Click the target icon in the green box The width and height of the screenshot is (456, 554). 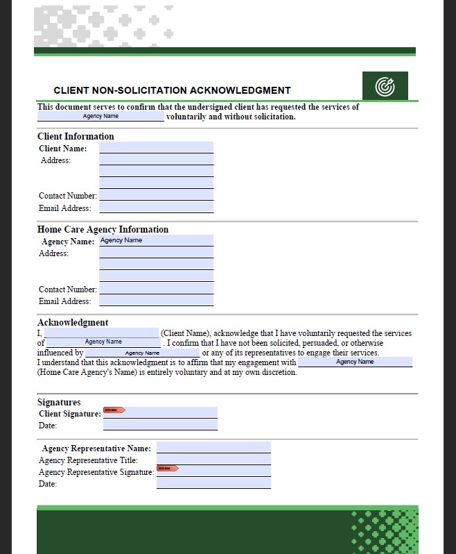pyautogui.click(x=385, y=86)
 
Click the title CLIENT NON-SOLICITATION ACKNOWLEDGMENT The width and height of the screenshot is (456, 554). pyautogui.click(x=172, y=90)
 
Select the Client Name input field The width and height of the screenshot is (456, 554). pyautogui.click(x=156, y=147)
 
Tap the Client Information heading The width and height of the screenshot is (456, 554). pyautogui.click(x=76, y=136)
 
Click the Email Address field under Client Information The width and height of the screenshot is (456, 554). pyautogui.click(x=156, y=207)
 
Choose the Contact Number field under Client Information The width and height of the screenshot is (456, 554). pyautogui.click(x=156, y=195)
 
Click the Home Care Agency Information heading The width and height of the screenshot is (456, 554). pyautogui.click(x=103, y=229)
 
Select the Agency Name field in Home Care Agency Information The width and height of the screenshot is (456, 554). pyautogui.click(x=156, y=240)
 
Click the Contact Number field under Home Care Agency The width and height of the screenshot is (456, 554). pyautogui.click(x=156, y=288)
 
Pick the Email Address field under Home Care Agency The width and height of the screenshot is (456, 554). pyautogui.click(x=156, y=300)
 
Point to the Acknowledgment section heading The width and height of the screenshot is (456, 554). pyautogui.click(x=73, y=322)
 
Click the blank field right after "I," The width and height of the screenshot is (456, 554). pyautogui.click(x=100, y=333)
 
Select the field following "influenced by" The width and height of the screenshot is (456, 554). pyautogui.click(x=142, y=353)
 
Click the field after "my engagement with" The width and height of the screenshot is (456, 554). pyautogui.click(x=355, y=362)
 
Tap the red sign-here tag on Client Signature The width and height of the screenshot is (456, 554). pyautogui.click(x=114, y=410)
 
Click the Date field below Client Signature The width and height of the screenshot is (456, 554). pyautogui.click(x=160, y=424)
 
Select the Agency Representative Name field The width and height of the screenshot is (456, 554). pyautogui.click(x=213, y=448)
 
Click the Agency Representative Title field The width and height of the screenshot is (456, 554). pyautogui.click(x=213, y=460)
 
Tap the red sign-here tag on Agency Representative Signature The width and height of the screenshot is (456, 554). pyautogui.click(x=167, y=468)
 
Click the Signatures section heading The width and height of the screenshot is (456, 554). pyautogui.click(x=59, y=402)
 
